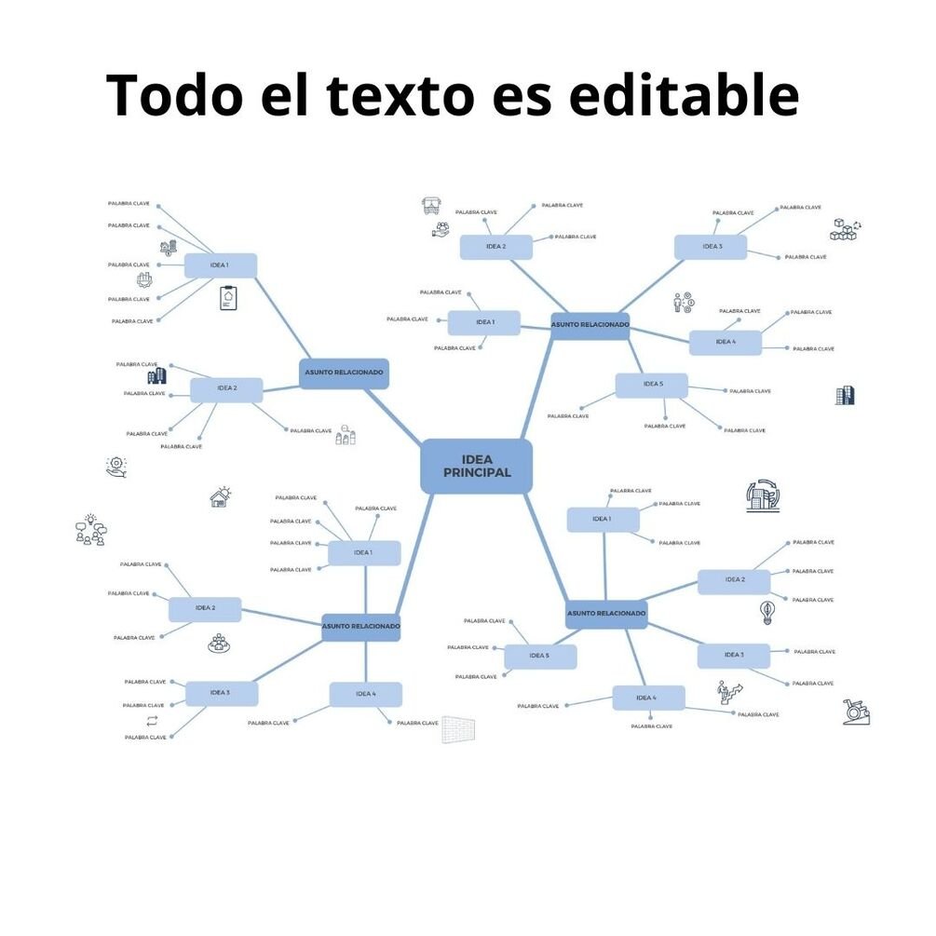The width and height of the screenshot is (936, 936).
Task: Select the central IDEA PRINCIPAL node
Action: pos(476,466)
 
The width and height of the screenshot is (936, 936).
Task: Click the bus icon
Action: pos(431,205)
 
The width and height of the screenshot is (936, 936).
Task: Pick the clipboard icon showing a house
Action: pos(228,298)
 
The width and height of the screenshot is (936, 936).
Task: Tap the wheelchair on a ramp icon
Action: pos(855,712)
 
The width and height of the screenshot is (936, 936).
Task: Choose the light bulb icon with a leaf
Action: pos(767,612)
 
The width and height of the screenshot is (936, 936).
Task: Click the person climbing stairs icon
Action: pos(727,691)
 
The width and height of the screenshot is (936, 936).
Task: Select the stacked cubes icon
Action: pos(845,229)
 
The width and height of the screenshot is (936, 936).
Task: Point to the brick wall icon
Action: pos(457,728)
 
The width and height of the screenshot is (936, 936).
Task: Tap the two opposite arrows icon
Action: pos(151,722)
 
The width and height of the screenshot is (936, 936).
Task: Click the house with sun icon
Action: pos(221,497)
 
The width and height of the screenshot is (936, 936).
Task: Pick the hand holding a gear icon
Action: pos(116,467)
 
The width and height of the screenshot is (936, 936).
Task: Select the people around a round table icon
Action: pos(219,643)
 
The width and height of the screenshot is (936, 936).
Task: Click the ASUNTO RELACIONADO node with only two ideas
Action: pos(344,373)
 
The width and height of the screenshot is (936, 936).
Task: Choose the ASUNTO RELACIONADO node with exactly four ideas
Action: pos(360,627)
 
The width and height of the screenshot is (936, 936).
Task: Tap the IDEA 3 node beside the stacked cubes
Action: pos(711,247)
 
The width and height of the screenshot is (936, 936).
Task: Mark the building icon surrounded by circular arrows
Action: pos(763,496)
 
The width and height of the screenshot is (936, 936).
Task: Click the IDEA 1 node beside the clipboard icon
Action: pos(220,265)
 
